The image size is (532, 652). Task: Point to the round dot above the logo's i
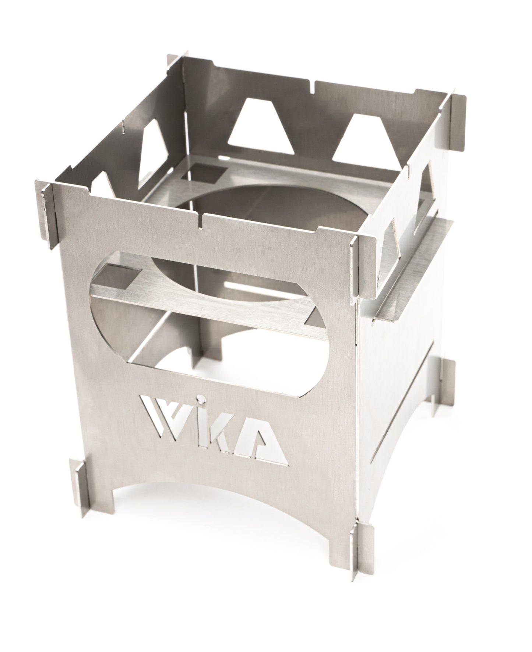click(199, 398)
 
